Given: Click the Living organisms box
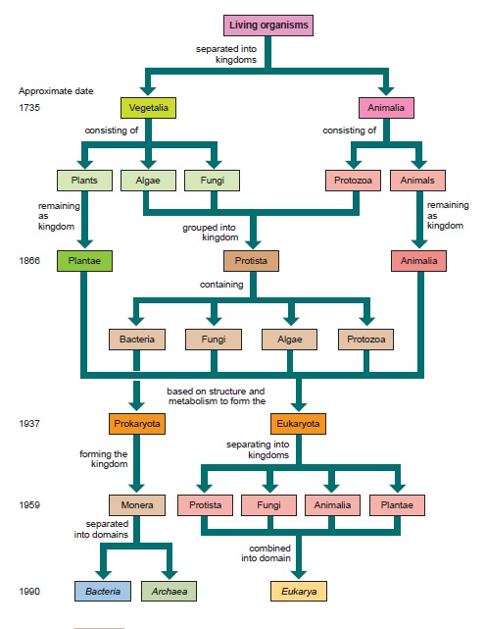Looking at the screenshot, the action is click(x=268, y=26).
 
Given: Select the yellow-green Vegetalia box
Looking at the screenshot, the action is click(x=148, y=108).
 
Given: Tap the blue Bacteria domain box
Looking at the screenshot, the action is click(x=103, y=591).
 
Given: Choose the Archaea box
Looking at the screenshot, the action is click(x=169, y=591).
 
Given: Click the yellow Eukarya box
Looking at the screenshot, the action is click(x=299, y=591).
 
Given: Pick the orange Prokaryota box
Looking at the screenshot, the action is click(x=137, y=424).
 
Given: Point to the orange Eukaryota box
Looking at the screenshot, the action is click(x=299, y=424).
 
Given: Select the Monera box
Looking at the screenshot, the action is click(x=137, y=505).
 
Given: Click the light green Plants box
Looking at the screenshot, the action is click(x=84, y=181).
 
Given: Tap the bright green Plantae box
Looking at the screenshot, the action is click(x=84, y=261).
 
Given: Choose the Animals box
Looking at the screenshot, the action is click(x=417, y=181).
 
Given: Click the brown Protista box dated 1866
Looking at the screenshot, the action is click(x=251, y=261).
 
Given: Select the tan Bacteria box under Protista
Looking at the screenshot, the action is click(x=137, y=340).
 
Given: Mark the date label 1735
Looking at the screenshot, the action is click(x=29, y=108).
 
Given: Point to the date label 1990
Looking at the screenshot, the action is click(x=29, y=592).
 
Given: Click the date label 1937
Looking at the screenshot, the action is click(x=29, y=423).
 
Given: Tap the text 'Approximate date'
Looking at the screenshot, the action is click(x=56, y=91).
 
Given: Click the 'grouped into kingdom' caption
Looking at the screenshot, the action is click(x=210, y=233).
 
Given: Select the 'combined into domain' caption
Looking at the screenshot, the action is click(x=266, y=553).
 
